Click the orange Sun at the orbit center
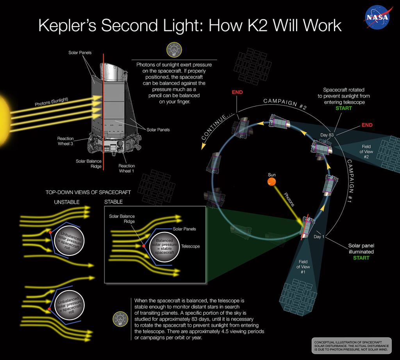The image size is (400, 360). (272, 182)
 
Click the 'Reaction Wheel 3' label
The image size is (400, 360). (66, 141)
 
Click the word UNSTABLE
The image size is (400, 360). (66, 202)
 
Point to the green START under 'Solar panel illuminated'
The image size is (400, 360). (361, 258)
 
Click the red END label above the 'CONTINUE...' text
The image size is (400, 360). (237, 93)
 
